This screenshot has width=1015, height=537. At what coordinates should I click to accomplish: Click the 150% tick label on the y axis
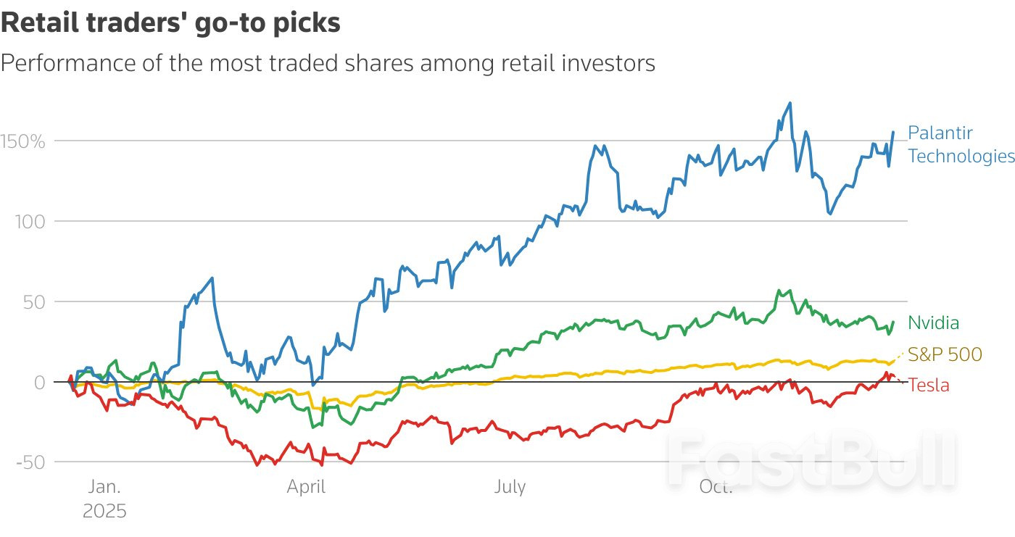[23, 141]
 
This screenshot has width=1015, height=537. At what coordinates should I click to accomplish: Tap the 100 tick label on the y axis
[30, 221]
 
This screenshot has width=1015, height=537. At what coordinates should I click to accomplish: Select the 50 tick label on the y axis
[34, 301]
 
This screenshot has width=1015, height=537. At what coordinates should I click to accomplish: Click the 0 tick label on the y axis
[40, 382]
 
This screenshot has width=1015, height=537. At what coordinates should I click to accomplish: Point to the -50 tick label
[30, 462]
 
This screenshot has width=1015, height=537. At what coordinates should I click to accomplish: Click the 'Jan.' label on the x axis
[104, 487]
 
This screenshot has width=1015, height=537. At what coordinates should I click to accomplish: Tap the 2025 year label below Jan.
[104, 511]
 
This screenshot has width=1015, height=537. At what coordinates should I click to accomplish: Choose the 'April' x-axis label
[306, 487]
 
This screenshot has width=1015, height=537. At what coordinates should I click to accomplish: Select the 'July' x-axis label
[510, 487]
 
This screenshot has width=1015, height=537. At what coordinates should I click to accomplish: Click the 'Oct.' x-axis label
[716, 487]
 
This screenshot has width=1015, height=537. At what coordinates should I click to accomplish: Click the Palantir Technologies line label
[961, 144]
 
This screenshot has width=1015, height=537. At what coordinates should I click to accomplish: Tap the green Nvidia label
[933, 322]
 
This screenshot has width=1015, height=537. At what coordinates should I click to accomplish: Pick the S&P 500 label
[945, 354]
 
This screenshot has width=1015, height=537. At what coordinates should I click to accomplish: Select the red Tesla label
[928, 385]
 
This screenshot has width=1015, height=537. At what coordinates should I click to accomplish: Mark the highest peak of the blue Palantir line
[790, 103]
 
